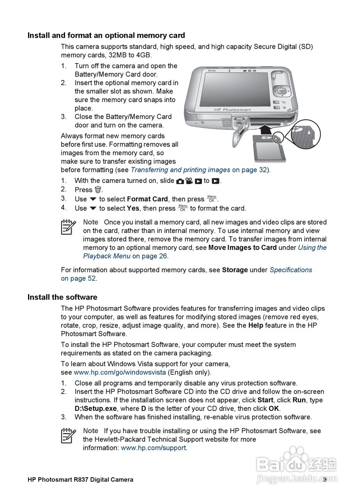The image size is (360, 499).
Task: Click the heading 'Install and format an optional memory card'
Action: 106,35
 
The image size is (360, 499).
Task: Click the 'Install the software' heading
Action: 62,297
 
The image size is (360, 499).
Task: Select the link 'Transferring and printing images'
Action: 180,170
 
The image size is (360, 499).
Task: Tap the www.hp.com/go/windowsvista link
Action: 120,372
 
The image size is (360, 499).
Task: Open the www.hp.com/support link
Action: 154,448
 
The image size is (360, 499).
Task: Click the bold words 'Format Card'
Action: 147,199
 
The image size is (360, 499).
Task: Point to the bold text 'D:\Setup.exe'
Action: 95,409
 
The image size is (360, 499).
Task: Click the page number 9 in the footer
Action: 325,480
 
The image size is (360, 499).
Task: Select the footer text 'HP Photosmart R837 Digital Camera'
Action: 80,480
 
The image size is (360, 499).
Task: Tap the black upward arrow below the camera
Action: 266,129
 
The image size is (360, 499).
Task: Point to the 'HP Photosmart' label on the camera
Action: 232,110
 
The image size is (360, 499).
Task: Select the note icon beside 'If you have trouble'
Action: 69,435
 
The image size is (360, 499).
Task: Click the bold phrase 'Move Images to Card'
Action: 242,248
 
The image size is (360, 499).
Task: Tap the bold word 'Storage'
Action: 235,270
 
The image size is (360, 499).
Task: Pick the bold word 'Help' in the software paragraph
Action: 256,326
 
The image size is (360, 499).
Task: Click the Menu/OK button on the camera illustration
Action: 282,92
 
